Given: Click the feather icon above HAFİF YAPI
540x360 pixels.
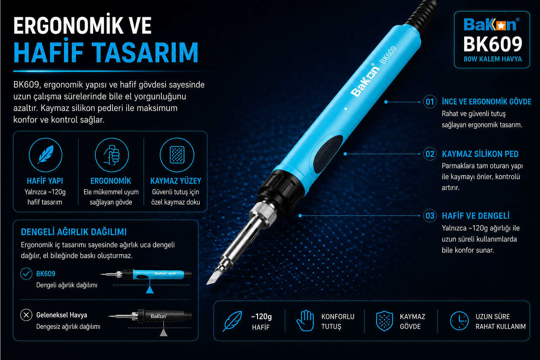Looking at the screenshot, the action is point(46,154).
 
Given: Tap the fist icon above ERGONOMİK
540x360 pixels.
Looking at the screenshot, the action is point(111,155).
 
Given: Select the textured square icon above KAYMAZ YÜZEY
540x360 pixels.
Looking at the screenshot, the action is point(177,155).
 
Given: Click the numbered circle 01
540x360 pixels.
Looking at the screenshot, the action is point(430,102).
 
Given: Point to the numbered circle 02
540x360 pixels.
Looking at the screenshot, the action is point(430,154).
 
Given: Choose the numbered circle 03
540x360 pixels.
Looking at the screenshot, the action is point(430,216).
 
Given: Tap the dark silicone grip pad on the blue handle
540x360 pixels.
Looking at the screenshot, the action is point(328,154).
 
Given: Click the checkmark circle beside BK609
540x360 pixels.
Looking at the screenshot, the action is point(26,274).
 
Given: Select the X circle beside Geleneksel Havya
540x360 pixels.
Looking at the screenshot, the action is point(26,315).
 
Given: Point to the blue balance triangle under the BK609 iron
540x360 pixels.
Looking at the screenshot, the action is point(150,289).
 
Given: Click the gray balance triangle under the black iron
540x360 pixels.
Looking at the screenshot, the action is point(163,333).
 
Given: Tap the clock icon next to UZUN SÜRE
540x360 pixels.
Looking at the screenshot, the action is point(459,321).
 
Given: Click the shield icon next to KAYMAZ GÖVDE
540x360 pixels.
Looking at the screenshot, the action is point(385,321).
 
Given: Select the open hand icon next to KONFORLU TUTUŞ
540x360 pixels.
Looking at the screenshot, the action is point(305,321).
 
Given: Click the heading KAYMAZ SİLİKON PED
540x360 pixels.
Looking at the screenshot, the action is point(480,154).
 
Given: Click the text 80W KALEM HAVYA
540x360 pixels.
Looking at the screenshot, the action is point(493,59).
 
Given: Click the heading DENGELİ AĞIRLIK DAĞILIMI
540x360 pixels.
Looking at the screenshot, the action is point(74,232).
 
